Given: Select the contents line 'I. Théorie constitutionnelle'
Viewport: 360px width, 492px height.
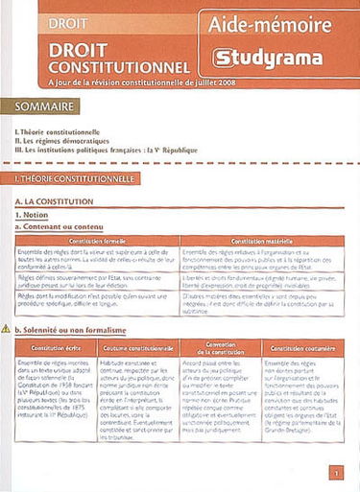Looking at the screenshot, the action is click(58, 130).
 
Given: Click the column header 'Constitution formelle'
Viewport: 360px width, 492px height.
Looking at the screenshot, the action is click(97, 241).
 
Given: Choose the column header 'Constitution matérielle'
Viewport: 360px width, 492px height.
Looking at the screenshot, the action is click(261, 241).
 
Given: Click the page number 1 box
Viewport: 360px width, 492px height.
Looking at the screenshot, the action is click(334, 472).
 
